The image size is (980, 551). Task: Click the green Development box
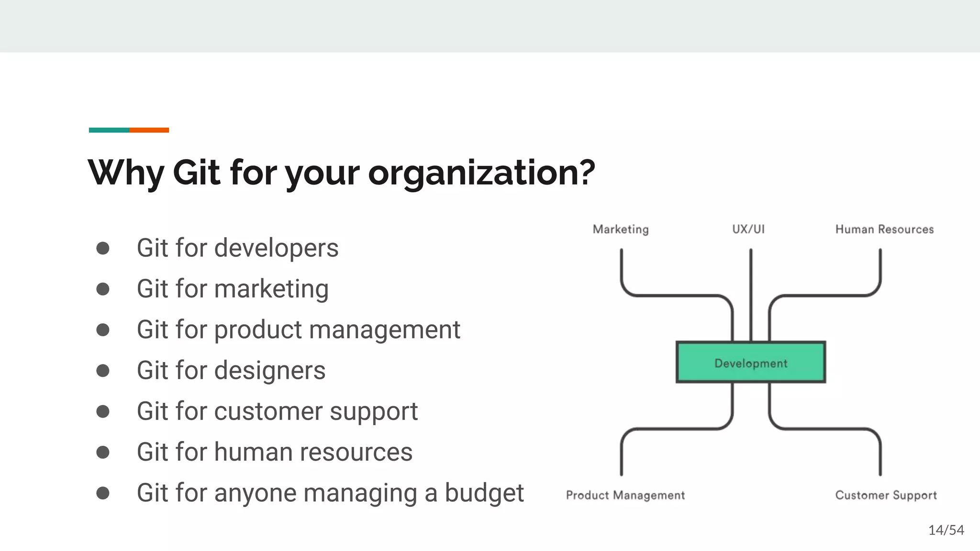coord(750,363)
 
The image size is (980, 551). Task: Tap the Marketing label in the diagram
coord(621,230)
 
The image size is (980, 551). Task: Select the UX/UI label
coord(748,229)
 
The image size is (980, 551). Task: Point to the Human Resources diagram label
coord(884,230)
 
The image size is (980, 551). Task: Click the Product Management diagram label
coord(625,495)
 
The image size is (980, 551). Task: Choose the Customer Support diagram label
coord(886,495)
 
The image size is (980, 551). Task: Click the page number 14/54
coord(946,530)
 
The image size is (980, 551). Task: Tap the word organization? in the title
coord(481,173)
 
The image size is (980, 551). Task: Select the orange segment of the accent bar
coord(149,130)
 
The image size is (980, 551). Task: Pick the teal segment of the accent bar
coord(109,130)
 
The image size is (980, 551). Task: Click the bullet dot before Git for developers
coord(103,248)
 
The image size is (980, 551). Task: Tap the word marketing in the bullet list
coord(271,289)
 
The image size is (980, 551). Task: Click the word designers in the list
coord(270,370)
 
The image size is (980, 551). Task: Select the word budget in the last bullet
coord(484,493)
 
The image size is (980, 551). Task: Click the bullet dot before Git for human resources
coord(103,452)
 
